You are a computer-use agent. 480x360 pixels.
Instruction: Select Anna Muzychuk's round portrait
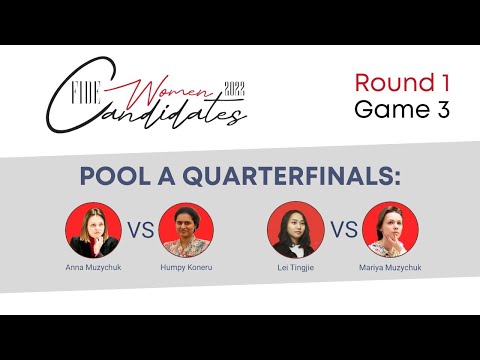94,230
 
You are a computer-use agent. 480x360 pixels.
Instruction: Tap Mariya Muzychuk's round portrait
391,230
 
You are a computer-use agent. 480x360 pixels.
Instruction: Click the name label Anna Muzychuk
93,268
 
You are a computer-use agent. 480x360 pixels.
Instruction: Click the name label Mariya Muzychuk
391,268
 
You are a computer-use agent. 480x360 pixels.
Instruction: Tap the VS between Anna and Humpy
141,230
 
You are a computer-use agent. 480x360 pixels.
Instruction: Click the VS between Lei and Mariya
343,230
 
